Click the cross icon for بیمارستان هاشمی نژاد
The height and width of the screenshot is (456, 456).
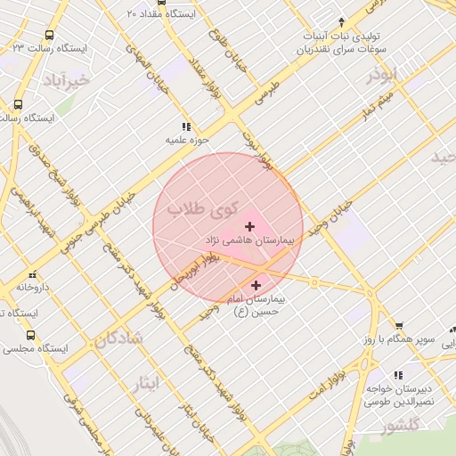248,226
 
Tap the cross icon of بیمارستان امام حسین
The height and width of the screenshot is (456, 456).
257,286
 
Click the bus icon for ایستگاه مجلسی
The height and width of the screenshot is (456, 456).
31,336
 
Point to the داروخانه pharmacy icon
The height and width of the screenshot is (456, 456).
33,274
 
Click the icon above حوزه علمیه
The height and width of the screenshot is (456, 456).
186,127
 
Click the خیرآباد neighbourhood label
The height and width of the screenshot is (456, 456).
66,81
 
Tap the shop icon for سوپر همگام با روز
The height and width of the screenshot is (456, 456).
399,326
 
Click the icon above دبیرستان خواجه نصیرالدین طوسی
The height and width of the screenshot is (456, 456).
398,375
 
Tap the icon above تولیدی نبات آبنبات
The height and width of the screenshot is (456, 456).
342,21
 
